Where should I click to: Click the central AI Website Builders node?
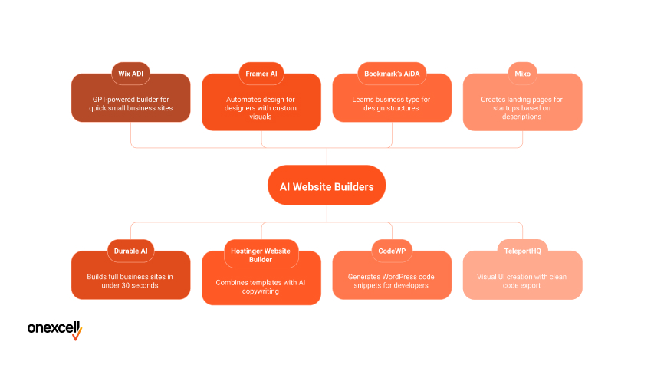[326, 186]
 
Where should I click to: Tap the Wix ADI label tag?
[131, 74]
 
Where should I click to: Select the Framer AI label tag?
[261, 74]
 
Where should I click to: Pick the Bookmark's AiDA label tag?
[392, 74]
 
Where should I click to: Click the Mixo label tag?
[522, 74]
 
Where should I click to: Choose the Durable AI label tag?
[131, 251]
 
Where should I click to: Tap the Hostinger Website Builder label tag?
[261, 254]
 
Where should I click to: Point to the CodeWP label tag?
[392, 251]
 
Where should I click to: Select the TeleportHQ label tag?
[522, 251]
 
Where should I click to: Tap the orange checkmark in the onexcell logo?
[77, 334]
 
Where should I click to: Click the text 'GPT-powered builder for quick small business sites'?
[131, 103]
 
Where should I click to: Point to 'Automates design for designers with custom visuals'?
[261, 108]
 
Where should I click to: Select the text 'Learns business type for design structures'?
[392, 103]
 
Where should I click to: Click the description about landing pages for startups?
[522, 108]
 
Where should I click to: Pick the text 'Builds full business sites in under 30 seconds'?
[131, 281]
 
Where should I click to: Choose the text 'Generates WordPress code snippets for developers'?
[392, 281]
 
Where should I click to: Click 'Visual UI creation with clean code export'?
[522, 281]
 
